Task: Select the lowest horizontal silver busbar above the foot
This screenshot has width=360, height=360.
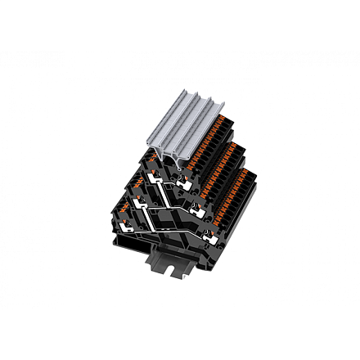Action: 176,231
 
